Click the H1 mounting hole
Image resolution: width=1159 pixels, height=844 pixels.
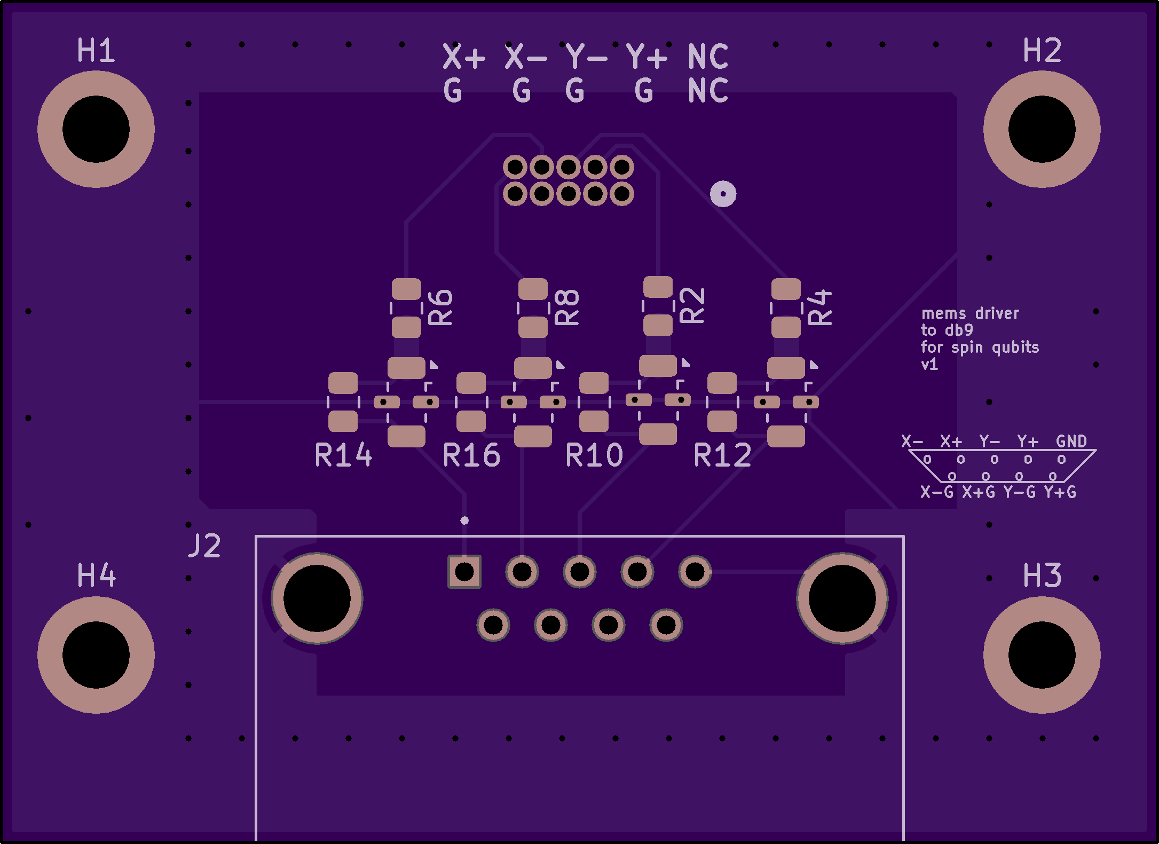96,129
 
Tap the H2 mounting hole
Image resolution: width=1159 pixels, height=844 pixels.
1042,129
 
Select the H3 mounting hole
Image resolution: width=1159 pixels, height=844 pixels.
1042,655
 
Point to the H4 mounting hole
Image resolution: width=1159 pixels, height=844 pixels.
96,655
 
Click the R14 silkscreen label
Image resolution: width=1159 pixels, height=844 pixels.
343,455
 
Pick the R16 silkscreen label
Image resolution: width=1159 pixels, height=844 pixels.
471,455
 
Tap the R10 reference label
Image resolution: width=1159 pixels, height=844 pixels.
594,455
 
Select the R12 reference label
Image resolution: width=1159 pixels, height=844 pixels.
722,455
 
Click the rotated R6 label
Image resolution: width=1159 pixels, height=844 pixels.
441,307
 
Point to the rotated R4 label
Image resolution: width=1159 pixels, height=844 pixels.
820,307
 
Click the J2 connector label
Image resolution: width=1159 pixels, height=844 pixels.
204,546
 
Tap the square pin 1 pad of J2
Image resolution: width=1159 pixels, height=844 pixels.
464,572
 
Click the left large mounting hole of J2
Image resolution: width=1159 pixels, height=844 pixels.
317,598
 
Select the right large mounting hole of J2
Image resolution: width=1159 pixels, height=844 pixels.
842,598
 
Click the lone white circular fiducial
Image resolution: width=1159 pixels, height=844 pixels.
723,194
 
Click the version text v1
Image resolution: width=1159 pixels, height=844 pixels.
929,365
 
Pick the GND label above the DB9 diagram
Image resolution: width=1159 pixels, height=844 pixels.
1071,441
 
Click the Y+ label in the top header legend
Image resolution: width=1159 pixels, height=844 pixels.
646,57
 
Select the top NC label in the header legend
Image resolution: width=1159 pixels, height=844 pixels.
708,57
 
